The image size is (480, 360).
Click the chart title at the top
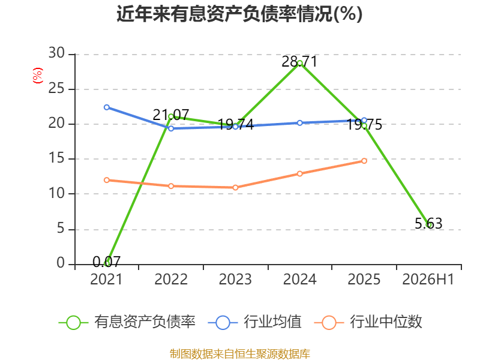[239, 14]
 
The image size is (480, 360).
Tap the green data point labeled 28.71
[299, 64]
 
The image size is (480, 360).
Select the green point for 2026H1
[429, 225]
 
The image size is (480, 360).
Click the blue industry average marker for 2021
[107, 107]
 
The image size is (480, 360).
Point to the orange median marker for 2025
[364, 161]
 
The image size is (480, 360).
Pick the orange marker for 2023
[235, 187]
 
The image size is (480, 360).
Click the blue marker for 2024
[299, 123]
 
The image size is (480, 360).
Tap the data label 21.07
[171, 115]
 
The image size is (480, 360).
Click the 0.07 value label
[107, 262]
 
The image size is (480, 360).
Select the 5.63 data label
[428, 223]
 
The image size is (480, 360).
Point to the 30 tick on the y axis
[56, 53]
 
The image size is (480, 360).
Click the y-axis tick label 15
[56, 158]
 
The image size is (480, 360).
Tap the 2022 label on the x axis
[171, 279]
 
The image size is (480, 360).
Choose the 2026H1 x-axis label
[428, 279]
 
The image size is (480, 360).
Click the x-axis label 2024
[299, 279]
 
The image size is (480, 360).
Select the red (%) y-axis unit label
[38, 76]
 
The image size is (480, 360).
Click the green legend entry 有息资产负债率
[127, 322]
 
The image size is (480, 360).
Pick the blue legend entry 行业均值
[254, 322]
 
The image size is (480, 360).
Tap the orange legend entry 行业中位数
[368, 322]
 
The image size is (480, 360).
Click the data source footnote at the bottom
[239, 354]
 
